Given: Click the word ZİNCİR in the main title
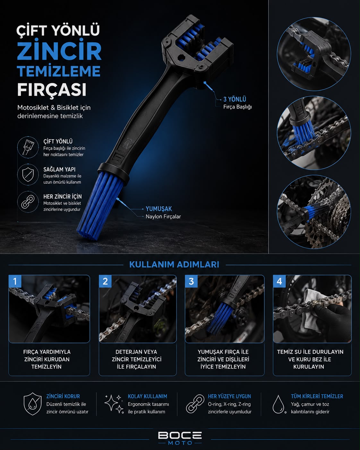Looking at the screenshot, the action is [x=59, y=50].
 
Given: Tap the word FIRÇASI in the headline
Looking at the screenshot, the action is [x=52, y=90].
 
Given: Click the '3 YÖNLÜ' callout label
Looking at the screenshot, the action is [x=235, y=99].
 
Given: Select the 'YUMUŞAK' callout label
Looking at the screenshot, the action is [x=159, y=209].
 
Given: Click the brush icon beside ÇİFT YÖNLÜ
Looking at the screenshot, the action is [x=28, y=147].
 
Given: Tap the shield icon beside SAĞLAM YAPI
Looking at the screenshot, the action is [x=28, y=175].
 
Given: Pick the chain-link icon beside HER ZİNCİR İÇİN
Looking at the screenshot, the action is [x=28, y=202].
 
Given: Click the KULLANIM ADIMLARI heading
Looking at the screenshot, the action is [x=174, y=264].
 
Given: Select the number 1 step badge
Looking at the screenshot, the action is [x=15, y=281].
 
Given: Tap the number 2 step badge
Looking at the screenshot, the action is [x=105, y=281].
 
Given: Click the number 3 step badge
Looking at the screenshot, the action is [x=191, y=281].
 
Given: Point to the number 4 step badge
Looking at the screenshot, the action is [x=279, y=281].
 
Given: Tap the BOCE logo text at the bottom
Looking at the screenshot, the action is [x=180, y=436].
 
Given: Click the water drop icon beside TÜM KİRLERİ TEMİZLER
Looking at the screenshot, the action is [x=279, y=404].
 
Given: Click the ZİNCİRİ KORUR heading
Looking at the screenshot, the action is [x=63, y=396].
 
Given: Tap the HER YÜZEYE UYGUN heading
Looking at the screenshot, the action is [x=229, y=396].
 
